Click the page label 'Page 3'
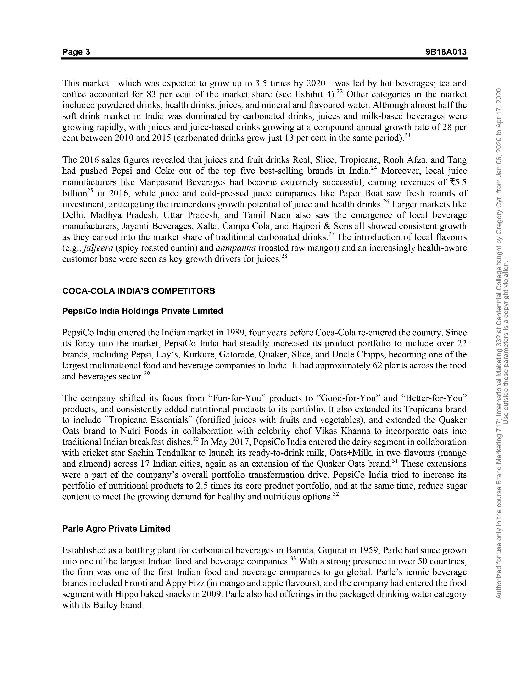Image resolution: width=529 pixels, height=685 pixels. tap(76, 52)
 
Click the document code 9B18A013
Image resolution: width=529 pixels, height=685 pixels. tap(446, 52)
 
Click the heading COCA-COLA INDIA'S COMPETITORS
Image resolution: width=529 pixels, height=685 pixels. tap(139, 291)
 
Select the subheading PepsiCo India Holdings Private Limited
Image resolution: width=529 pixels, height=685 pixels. tap(143, 311)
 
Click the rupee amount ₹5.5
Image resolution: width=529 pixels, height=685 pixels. tap(458, 182)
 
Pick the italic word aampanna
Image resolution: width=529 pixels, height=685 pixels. tap(235, 248)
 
